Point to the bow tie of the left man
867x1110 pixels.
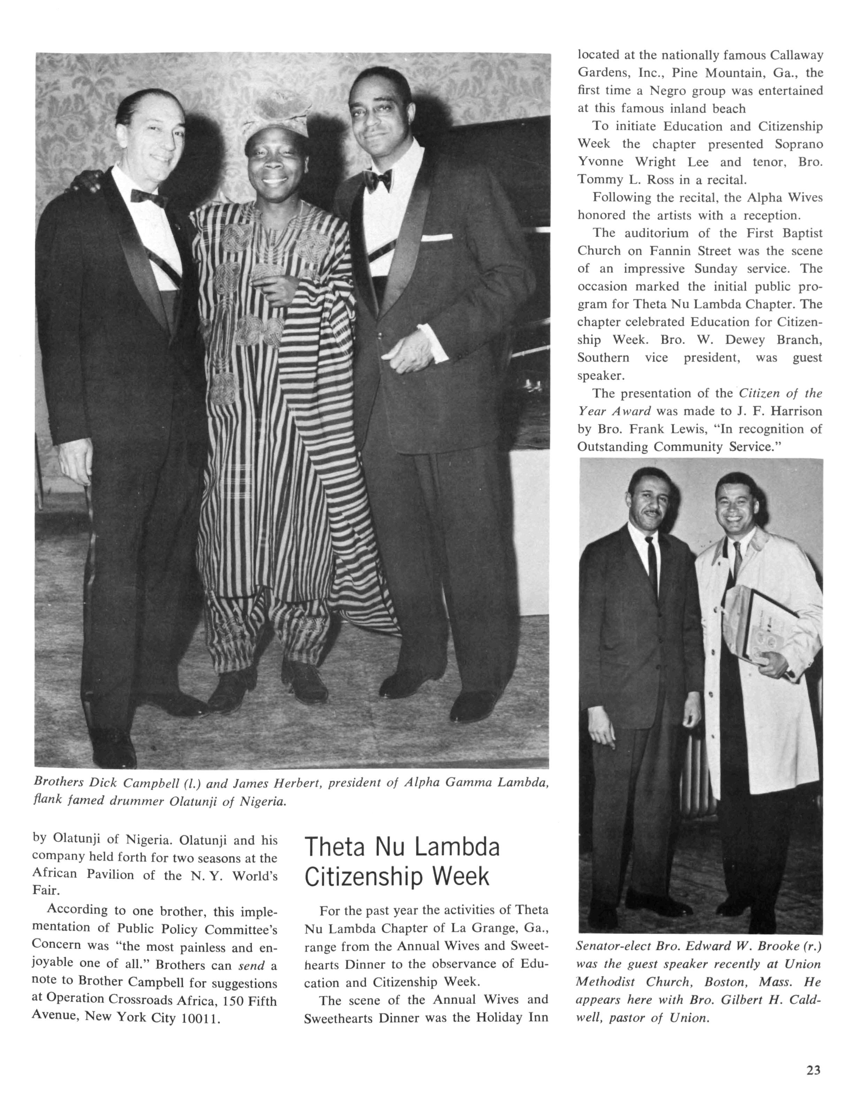[x=148, y=197]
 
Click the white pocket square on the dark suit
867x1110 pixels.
[x=436, y=237]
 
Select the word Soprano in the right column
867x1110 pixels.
[x=798, y=144]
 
